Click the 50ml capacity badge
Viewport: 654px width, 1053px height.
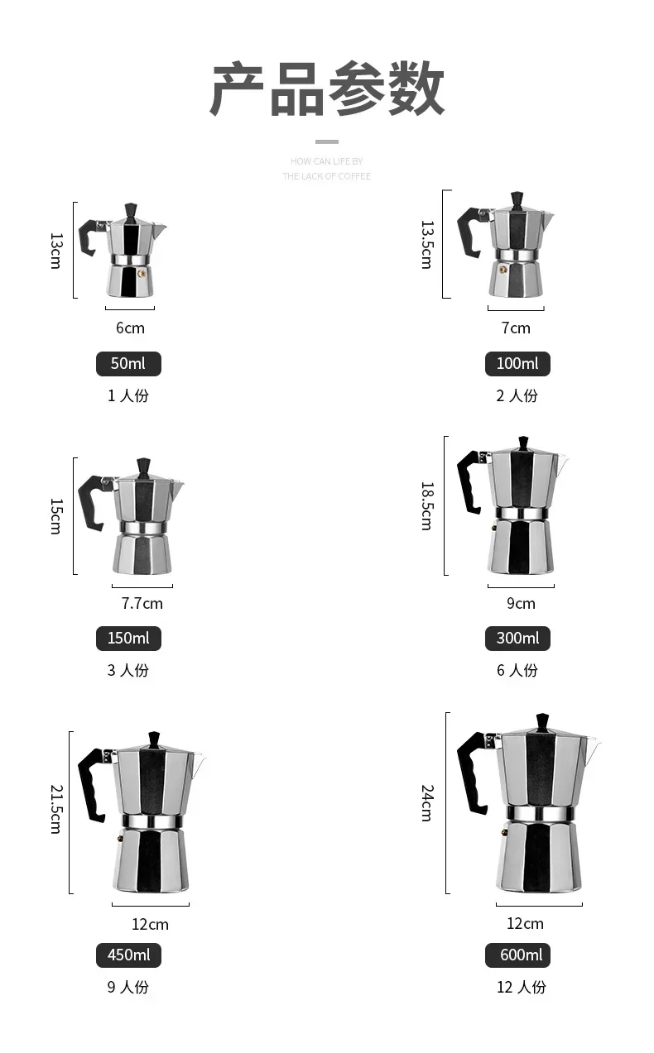[128, 364]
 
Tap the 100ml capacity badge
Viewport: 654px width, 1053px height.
[517, 364]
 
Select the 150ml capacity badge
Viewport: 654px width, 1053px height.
[128, 639]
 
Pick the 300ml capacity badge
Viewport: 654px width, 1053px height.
[517, 639]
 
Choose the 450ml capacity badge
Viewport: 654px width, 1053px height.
[128, 955]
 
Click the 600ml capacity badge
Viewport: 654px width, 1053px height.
[517, 955]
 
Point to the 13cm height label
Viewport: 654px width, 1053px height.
[56, 251]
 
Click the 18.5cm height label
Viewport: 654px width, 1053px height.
[426, 505]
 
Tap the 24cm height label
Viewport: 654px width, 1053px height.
[426, 803]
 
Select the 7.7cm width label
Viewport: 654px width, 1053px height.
[142, 603]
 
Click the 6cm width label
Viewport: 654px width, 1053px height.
[130, 328]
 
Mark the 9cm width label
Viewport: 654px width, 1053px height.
[521, 603]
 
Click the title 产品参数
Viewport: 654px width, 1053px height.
[327, 89]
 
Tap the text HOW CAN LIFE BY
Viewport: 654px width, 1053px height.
[327, 161]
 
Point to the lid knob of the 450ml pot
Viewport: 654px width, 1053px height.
[154, 739]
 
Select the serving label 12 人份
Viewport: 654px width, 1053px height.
[522, 987]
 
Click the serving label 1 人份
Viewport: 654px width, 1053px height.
[128, 395]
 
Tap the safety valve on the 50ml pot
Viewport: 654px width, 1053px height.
[142, 271]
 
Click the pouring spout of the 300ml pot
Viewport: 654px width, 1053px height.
[562, 465]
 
